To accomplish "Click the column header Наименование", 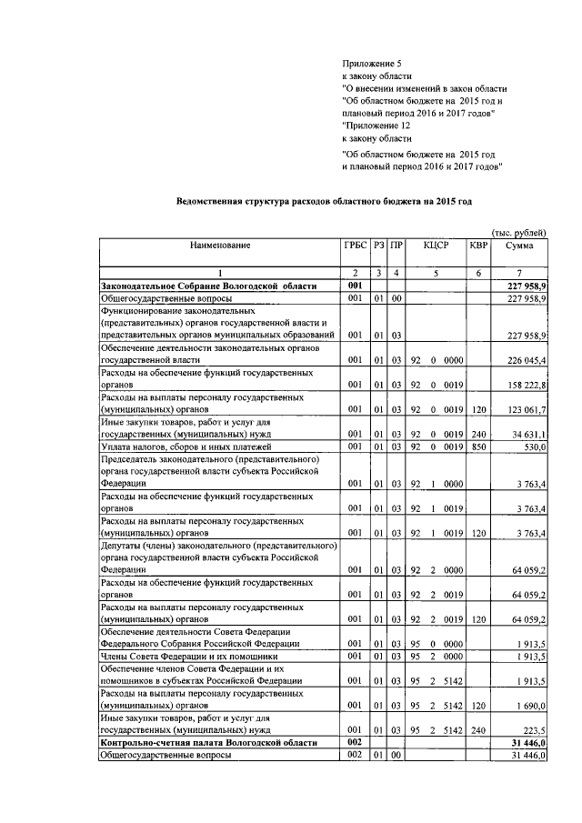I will click(219, 246).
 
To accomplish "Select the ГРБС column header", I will click(355, 246).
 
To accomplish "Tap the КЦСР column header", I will click(436, 246).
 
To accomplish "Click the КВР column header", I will click(478, 246).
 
